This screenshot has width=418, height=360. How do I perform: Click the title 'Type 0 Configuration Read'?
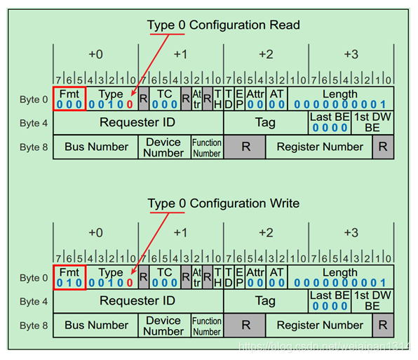click(x=223, y=25)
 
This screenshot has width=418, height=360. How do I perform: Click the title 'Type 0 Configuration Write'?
click(x=223, y=204)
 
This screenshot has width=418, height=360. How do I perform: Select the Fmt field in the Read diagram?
click(x=69, y=99)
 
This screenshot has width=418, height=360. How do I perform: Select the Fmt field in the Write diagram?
click(x=69, y=277)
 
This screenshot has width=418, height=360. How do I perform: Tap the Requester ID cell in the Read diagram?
click(x=137, y=123)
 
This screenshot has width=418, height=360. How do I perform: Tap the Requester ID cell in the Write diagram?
click(x=137, y=301)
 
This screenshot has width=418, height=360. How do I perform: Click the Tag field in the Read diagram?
click(x=265, y=123)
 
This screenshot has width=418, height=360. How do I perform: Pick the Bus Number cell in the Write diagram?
click(x=96, y=325)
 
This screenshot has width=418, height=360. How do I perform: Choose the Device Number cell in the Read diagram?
click(x=163, y=147)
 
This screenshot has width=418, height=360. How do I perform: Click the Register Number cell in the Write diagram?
click(x=320, y=325)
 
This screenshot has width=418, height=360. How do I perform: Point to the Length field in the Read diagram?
click(x=339, y=99)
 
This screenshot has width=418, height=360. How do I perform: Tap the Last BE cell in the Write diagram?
click(x=330, y=301)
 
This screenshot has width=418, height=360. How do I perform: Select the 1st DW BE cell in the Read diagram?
click(x=372, y=123)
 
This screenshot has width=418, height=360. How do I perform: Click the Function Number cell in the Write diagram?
click(x=207, y=326)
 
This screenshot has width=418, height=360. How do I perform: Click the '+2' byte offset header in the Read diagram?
click(x=266, y=55)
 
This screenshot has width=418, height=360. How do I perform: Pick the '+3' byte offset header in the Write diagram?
click(x=351, y=233)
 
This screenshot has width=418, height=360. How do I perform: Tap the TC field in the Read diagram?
click(x=165, y=99)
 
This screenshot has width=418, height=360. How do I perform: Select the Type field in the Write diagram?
click(x=111, y=277)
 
